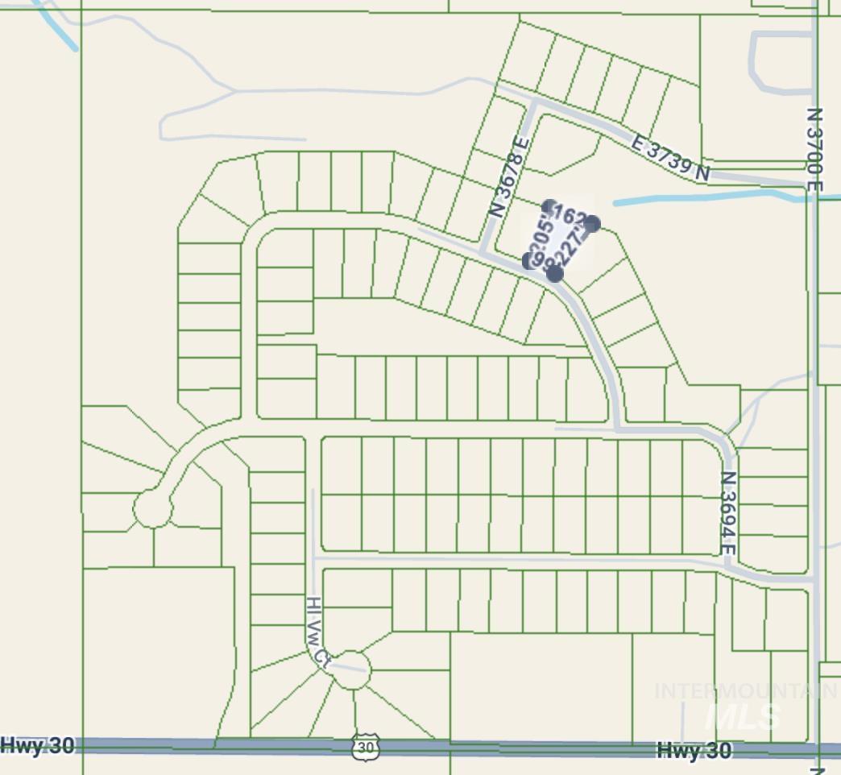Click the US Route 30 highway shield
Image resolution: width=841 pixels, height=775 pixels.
point(365,747)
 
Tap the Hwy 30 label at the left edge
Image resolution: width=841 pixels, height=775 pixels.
point(38,745)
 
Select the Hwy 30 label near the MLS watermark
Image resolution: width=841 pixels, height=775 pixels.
point(694,751)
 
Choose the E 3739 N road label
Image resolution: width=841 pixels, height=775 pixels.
point(671,159)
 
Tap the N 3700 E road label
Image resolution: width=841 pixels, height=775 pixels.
point(814,150)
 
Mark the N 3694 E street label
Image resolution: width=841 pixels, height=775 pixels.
point(728,513)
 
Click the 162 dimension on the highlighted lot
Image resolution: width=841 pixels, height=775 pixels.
point(570,215)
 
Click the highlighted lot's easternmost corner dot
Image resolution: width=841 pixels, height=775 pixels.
point(592,223)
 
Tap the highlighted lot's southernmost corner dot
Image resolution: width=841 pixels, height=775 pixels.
point(554,274)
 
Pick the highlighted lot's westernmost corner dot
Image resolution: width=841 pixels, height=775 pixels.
point(529,260)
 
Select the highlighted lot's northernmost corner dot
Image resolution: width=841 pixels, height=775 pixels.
point(549,206)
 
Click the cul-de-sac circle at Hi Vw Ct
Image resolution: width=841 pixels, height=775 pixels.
point(351,669)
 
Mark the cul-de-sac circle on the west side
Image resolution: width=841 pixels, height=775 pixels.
point(152,508)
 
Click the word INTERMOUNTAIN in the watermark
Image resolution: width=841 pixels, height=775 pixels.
point(745,691)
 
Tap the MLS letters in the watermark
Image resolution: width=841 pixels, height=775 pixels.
point(741,716)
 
